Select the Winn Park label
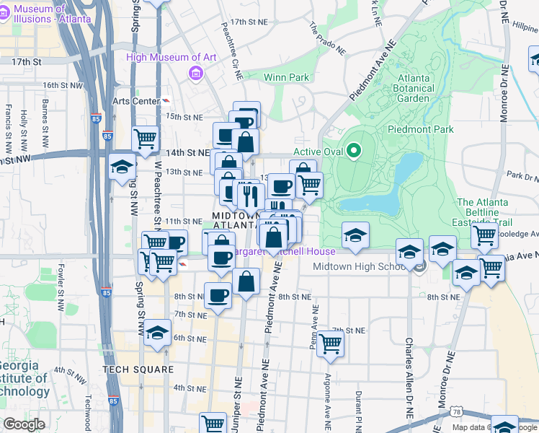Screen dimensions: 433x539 (x=286, y=77)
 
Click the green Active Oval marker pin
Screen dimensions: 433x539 (x=353, y=152)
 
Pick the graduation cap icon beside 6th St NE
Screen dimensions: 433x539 (x=156, y=334)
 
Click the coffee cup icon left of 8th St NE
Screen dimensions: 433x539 (x=218, y=294)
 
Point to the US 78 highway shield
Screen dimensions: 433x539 (x=456, y=412)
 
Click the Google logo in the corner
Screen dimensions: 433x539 (x=24, y=424)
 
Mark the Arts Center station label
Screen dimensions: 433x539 (x=135, y=101)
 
